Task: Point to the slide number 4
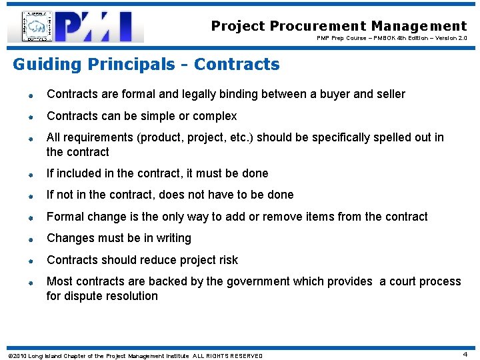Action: [x=465, y=355]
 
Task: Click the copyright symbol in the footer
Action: [x=9, y=355]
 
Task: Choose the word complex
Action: [x=215, y=116]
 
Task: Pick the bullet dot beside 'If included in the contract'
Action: [x=31, y=175]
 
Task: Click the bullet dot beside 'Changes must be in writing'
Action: [x=31, y=239]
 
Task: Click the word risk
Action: [x=227, y=260]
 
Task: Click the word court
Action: [x=406, y=281]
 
